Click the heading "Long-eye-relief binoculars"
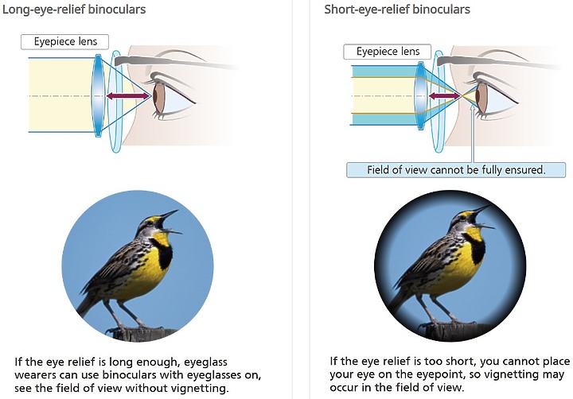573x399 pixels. click(74, 10)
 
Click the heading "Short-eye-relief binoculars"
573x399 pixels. click(397, 10)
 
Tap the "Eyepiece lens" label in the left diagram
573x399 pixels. click(65, 41)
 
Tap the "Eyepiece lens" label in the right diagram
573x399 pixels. click(388, 52)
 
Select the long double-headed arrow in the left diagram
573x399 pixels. click(129, 96)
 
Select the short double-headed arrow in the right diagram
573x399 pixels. click(444, 96)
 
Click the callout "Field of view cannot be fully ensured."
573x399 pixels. click(456, 170)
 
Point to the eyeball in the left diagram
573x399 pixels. click(172, 99)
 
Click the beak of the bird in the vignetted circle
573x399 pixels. click(482, 216)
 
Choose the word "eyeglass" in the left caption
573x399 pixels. click(205, 362)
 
